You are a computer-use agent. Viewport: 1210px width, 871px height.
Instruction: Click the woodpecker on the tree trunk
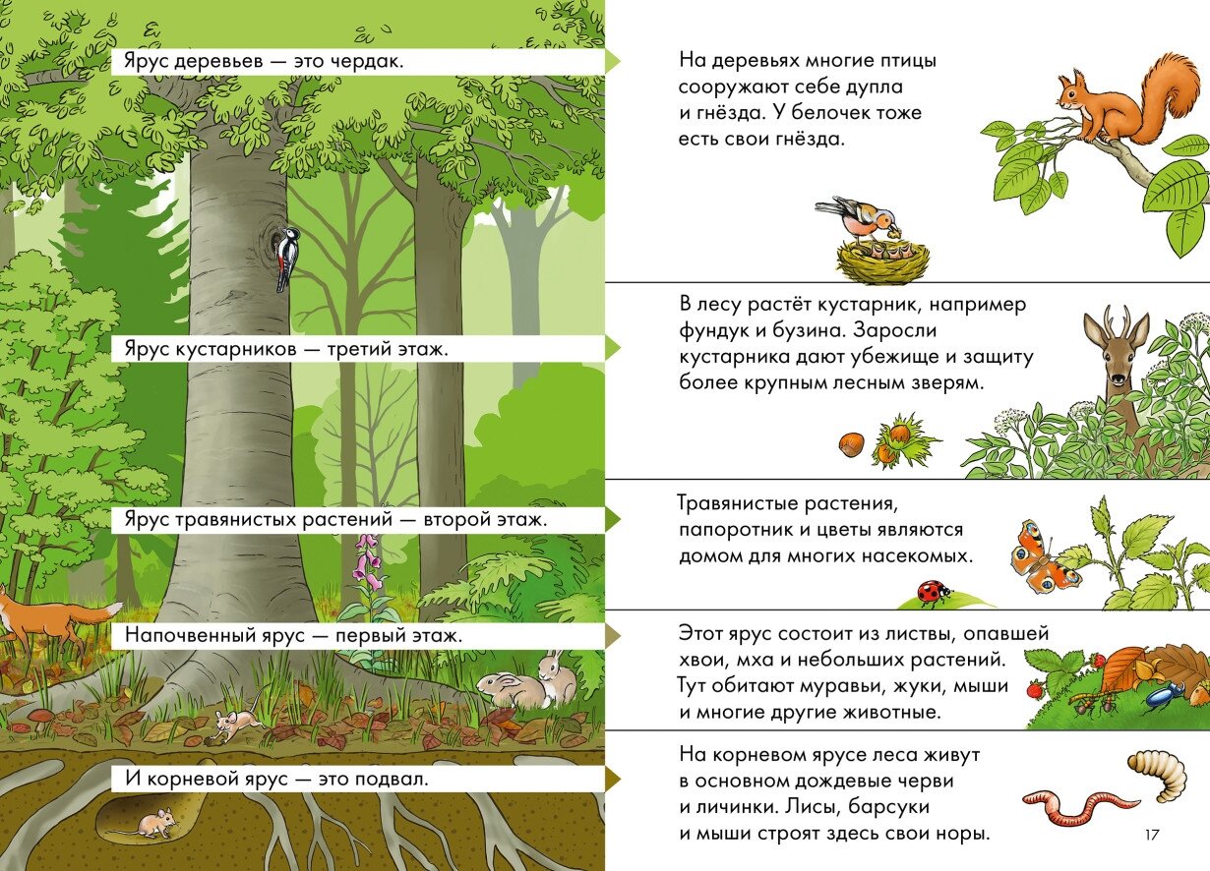(285, 258)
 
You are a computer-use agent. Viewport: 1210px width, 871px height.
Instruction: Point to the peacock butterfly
(1043, 557)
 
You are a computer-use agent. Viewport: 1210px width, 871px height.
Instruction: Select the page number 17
(1152, 835)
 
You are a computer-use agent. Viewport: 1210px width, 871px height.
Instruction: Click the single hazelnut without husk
(851, 445)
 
